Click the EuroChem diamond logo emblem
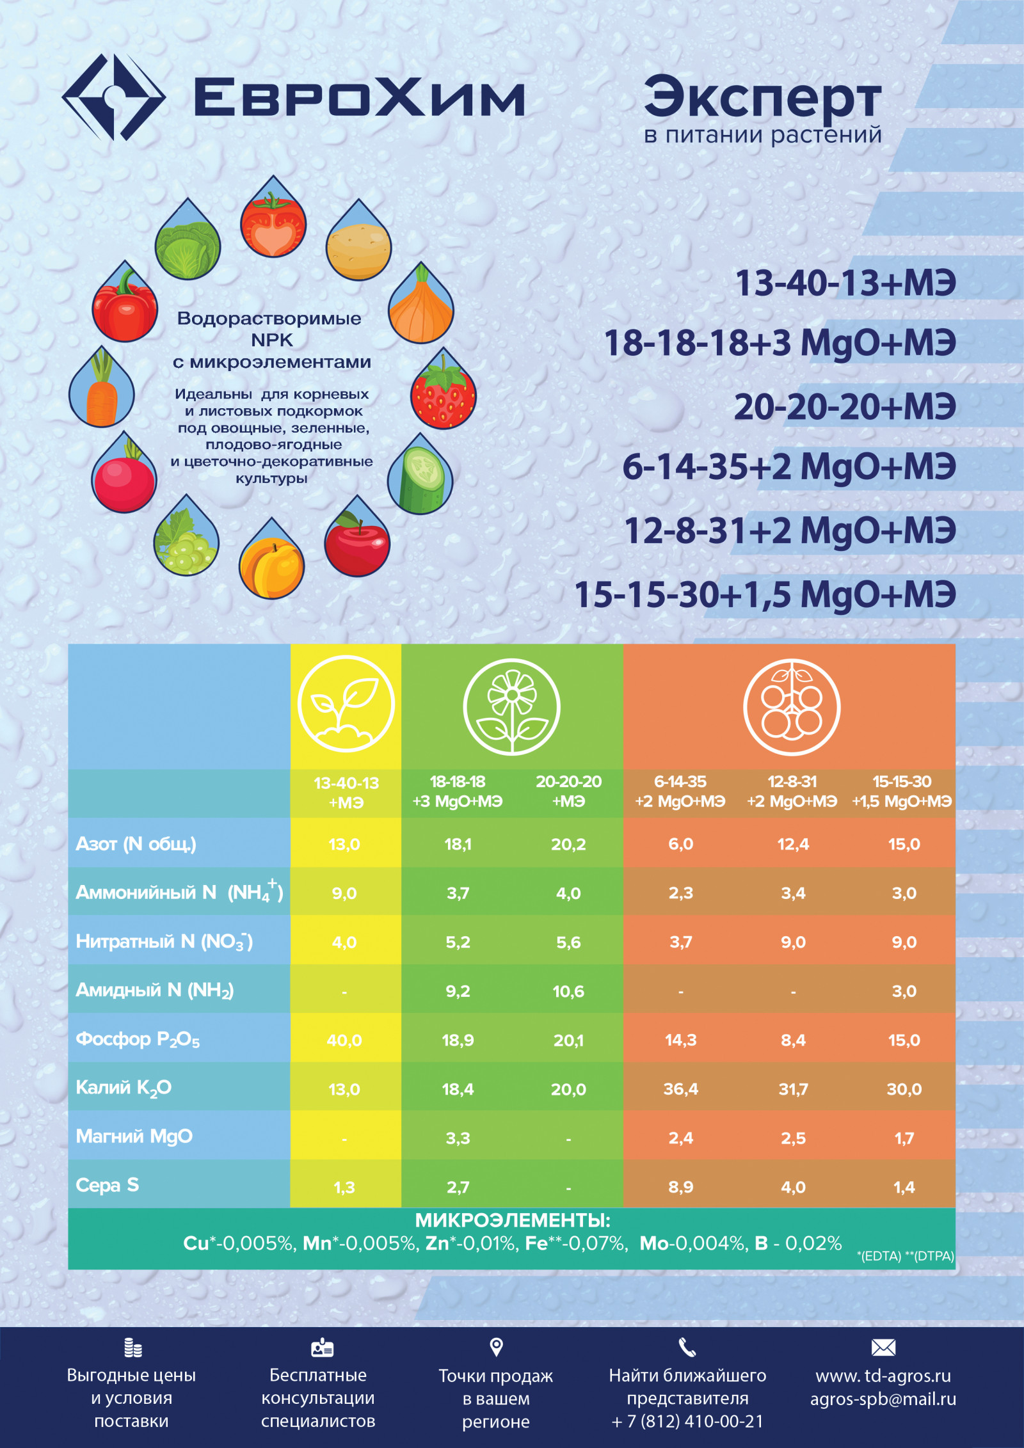(x=114, y=97)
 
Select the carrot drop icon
(x=102, y=387)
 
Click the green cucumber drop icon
(x=420, y=474)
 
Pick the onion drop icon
(x=421, y=303)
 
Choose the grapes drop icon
(x=186, y=536)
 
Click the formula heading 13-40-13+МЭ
(x=845, y=283)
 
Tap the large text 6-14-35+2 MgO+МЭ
(x=789, y=466)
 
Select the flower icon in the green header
(x=511, y=707)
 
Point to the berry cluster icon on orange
(x=792, y=707)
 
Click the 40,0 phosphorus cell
(x=344, y=1040)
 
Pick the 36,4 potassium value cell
(x=681, y=1089)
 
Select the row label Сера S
(x=108, y=1186)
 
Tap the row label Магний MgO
(x=134, y=1136)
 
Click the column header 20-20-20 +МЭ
(x=569, y=792)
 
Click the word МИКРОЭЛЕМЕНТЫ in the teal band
(x=513, y=1221)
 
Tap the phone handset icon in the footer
(x=687, y=1348)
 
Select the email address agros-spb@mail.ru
(x=883, y=1399)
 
